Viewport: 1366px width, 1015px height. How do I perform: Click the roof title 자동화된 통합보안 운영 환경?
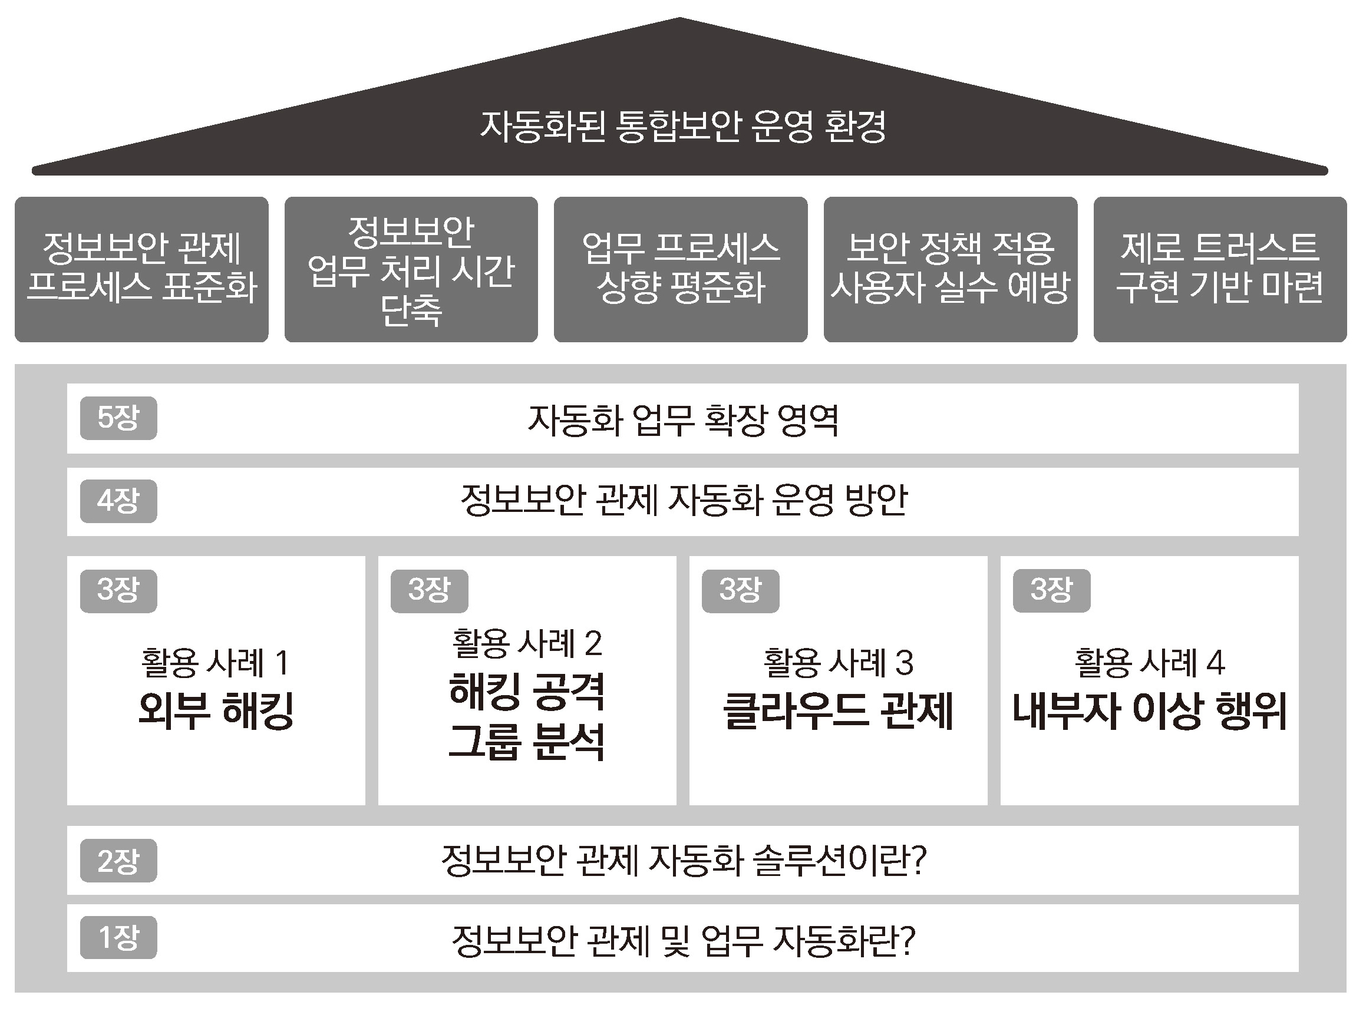coord(682,127)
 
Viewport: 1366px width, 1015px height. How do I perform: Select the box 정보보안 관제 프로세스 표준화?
coord(141,269)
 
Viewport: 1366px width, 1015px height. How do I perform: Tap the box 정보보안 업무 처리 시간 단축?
coord(411,269)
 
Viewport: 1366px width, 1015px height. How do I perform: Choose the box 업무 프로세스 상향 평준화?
coord(681,269)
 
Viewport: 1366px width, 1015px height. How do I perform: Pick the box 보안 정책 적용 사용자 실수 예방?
coord(951,269)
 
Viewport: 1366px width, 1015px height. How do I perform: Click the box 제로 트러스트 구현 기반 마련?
coord(1220,269)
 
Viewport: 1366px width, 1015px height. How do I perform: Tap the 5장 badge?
coord(118,418)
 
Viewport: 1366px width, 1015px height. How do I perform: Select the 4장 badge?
coord(118,501)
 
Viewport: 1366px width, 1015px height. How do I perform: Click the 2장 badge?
coord(118,861)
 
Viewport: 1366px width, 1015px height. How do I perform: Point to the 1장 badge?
coord(118,938)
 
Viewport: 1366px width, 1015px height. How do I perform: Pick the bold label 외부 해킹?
coord(216,710)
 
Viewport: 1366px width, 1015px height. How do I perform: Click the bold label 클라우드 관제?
coord(838,710)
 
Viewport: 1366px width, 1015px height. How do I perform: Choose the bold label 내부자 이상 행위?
coord(1150,710)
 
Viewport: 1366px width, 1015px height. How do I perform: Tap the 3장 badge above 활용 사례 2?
coord(430,591)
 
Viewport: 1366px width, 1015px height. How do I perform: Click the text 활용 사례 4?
coord(1150,662)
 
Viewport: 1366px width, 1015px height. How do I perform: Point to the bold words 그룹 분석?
coord(527,742)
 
